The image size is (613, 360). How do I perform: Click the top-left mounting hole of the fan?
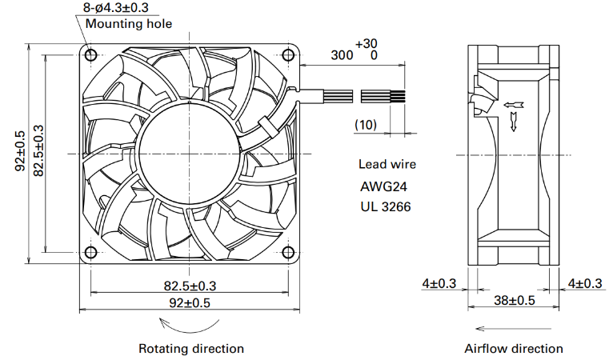(x=90, y=54)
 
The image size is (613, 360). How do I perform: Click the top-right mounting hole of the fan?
(x=288, y=54)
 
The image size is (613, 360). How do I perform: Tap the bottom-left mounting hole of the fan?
(x=90, y=252)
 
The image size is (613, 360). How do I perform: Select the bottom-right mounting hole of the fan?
(x=288, y=252)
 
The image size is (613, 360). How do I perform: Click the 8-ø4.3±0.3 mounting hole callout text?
(x=116, y=7)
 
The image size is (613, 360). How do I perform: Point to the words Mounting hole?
(x=129, y=23)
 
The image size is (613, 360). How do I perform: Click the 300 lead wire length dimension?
(x=342, y=55)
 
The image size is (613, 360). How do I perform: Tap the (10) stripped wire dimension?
(x=366, y=125)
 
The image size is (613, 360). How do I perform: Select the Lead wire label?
(x=387, y=164)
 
